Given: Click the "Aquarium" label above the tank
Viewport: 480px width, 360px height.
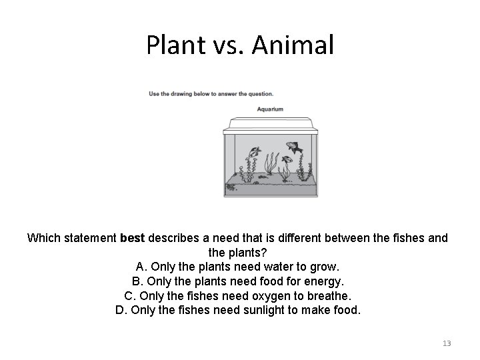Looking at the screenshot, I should pyautogui.click(x=270, y=109).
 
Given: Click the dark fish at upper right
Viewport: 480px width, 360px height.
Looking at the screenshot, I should pyautogui.click(x=293, y=146).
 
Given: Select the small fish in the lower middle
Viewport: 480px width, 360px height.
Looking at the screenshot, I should pyautogui.click(x=287, y=161).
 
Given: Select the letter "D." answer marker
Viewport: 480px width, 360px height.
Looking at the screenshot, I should pyautogui.click(x=121, y=310).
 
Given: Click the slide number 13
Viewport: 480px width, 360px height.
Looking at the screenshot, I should pyautogui.click(x=447, y=343).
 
